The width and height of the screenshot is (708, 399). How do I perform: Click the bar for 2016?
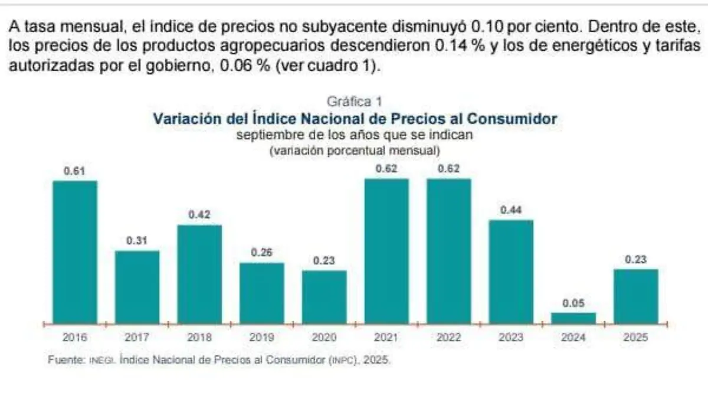pyautogui.click(x=75, y=252)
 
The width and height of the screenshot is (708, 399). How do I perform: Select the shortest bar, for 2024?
pyautogui.click(x=573, y=318)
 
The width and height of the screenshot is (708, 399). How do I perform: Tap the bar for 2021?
pyautogui.click(x=386, y=251)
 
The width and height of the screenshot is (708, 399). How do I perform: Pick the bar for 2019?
pyautogui.click(x=261, y=293)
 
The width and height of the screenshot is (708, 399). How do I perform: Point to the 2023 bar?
pyautogui.click(x=511, y=272)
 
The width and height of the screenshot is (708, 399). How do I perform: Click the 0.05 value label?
pyautogui.click(x=573, y=303)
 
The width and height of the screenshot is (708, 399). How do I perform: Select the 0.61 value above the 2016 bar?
pyautogui.click(x=75, y=171)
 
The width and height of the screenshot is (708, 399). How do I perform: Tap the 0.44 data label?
pyautogui.click(x=511, y=210)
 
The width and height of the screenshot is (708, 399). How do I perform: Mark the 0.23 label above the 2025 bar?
pyautogui.click(x=636, y=260)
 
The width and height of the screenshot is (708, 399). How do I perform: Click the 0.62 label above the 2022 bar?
pyautogui.click(x=449, y=169)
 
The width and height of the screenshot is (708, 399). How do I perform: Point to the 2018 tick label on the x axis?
pyautogui.click(x=199, y=338)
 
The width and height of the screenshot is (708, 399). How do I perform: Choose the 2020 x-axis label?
pyautogui.click(x=324, y=338)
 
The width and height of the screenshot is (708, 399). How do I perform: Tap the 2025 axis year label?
pyautogui.click(x=636, y=338)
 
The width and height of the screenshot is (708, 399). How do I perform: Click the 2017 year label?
pyautogui.click(x=137, y=338)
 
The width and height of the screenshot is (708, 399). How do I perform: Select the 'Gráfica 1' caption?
pyautogui.click(x=355, y=102)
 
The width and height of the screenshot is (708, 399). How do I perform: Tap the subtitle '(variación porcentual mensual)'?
pyautogui.click(x=355, y=151)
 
